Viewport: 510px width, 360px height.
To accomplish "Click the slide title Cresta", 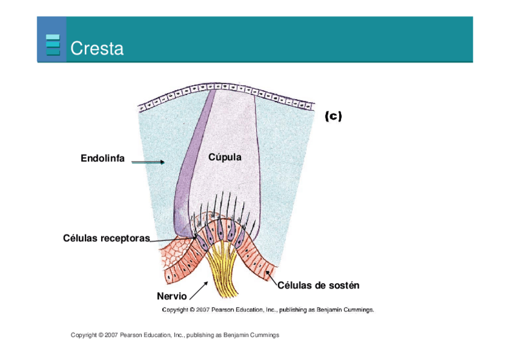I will [97, 48].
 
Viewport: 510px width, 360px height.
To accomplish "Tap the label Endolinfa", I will [103, 159].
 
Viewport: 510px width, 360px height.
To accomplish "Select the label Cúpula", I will [225, 157].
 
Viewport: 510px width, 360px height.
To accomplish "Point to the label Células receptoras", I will [106, 238].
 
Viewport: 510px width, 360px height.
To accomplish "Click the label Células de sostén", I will [318, 285].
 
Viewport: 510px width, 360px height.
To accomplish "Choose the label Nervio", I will [171, 296].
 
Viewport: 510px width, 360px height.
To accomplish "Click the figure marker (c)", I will [333, 117].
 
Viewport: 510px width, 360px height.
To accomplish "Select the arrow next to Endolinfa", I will [148, 162].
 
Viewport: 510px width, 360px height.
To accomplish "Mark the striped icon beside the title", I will [53, 45].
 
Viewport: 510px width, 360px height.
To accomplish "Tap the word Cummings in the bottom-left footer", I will [265, 335].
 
